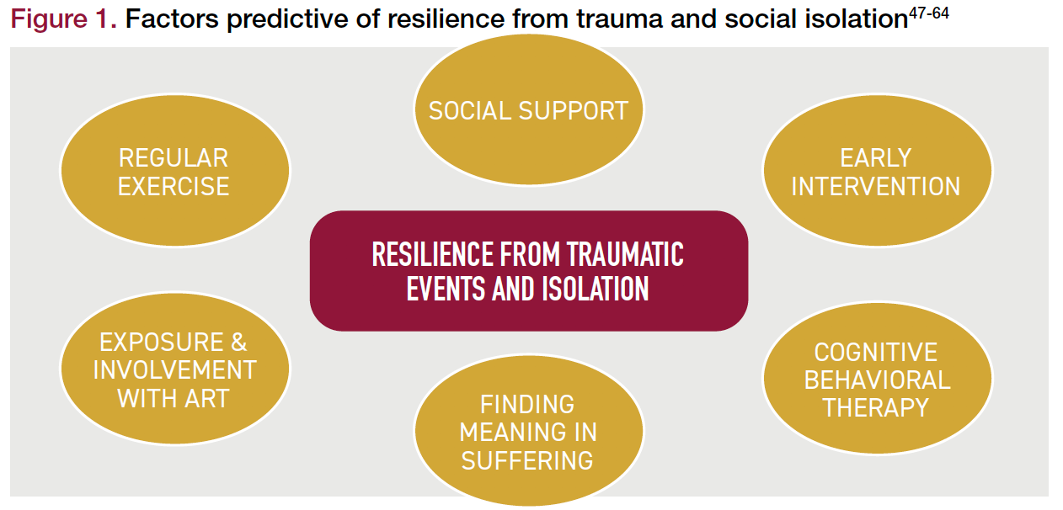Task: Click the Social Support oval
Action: click(x=528, y=109)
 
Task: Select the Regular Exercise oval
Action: click(x=174, y=171)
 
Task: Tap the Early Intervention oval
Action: click(x=876, y=171)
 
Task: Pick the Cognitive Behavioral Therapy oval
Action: click(x=877, y=380)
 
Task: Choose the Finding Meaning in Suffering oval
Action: click(x=528, y=432)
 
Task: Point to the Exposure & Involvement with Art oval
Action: click(x=174, y=369)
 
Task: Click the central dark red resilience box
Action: click(x=528, y=270)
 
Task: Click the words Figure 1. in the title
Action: click(x=63, y=21)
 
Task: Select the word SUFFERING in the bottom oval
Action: click(x=527, y=460)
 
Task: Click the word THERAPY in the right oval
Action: click(x=876, y=407)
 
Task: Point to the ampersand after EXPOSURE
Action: click(x=238, y=343)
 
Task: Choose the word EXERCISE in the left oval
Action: click(x=174, y=186)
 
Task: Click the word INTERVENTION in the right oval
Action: click(x=876, y=186)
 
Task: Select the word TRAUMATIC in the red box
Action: click(x=624, y=254)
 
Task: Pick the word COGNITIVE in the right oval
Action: click(x=876, y=352)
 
